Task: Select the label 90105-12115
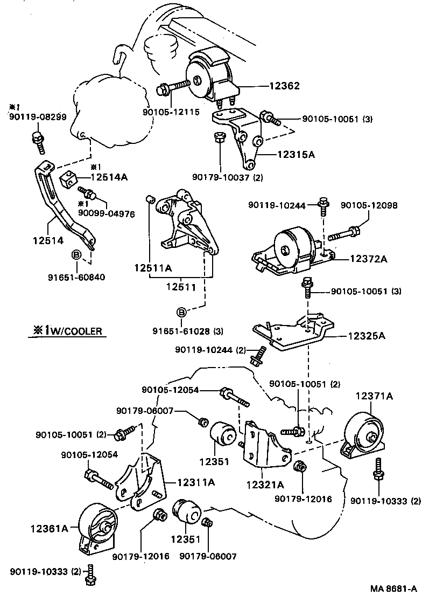(171, 112)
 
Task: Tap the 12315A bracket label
(296, 155)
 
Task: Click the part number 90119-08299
(38, 116)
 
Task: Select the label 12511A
(153, 267)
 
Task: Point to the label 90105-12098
(369, 205)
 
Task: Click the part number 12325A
(367, 336)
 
